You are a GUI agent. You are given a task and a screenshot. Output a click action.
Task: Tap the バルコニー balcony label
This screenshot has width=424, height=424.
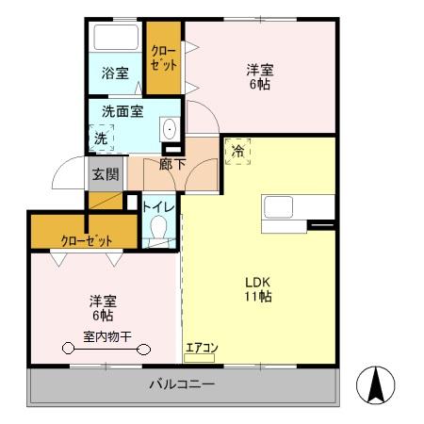click(x=183, y=384)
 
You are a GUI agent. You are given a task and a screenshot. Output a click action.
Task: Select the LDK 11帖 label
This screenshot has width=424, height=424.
click(x=259, y=288)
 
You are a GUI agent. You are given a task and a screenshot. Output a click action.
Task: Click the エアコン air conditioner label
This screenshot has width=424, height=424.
click(x=201, y=348)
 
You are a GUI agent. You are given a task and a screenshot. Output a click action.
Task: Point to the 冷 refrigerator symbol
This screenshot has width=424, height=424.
click(x=237, y=151)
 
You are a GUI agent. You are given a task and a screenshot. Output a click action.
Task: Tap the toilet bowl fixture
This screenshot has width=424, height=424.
click(x=159, y=229)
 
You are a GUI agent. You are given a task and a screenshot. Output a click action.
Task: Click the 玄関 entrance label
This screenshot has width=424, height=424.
click(x=105, y=173)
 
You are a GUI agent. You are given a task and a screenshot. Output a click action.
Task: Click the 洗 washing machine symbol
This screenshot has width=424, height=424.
click(x=101, y=139)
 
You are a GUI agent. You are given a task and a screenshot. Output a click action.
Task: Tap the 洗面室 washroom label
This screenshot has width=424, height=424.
click(x=122, y=111)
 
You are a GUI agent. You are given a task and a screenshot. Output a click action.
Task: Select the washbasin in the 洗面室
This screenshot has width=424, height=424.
click(x=170, y=130)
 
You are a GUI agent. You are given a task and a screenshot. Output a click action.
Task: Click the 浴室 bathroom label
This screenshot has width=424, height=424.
click(x=116, y=73)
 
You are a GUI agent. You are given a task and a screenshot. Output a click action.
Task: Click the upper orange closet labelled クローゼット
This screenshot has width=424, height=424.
click(x=163, y=57)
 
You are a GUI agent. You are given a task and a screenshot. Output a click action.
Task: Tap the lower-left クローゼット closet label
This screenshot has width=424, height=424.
click(x=87, y=239)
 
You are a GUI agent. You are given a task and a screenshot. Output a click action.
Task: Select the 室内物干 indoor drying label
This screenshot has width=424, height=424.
click(x=105, y=335)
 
